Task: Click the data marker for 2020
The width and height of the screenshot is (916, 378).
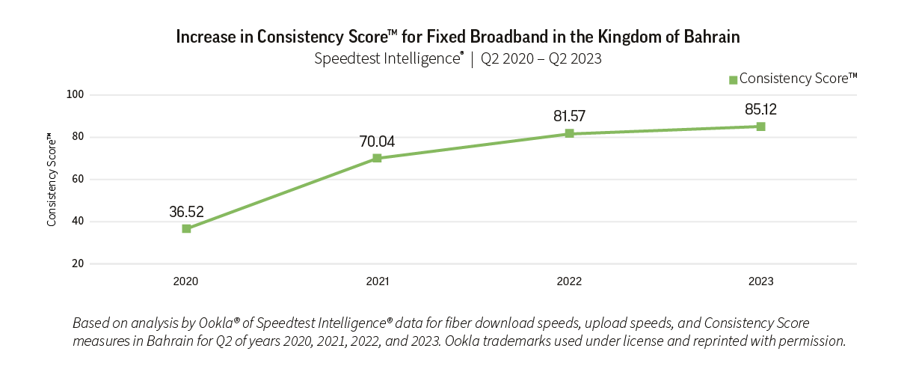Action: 186,228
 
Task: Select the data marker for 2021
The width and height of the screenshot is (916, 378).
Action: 377,158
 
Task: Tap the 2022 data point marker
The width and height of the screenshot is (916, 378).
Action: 569,133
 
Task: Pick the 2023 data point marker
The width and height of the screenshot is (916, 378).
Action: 760,126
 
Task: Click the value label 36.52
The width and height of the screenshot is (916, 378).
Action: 186,212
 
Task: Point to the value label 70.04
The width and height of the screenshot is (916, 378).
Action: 377,141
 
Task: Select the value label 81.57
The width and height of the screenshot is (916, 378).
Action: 569,116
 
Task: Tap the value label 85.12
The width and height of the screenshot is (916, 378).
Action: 760,109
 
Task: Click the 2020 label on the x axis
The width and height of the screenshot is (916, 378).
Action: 185,282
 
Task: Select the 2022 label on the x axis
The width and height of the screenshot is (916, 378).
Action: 569,282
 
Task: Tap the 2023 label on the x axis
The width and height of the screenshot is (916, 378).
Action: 760,282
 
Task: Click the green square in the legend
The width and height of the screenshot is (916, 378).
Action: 734,79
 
